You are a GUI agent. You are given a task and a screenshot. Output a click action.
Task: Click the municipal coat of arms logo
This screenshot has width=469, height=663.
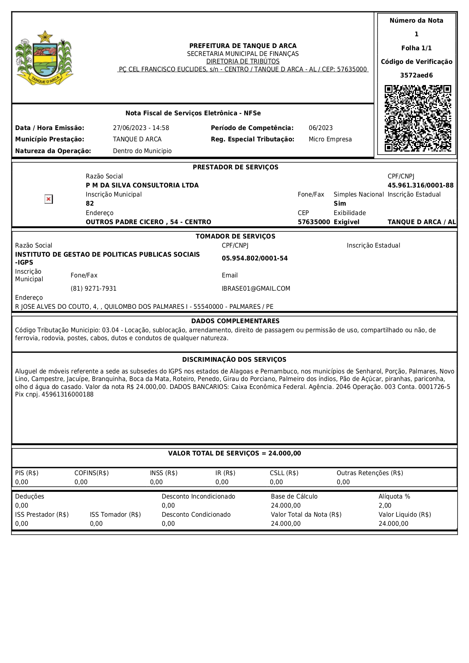coord(44,57)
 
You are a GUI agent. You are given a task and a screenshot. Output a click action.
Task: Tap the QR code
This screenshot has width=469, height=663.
coord(418,118)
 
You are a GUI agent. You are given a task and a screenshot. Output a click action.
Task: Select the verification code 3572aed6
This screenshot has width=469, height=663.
coord(416,75)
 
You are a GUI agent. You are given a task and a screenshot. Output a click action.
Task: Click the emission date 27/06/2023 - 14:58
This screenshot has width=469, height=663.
coord(141,128)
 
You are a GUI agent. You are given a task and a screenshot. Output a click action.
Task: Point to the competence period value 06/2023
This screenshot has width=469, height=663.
coord(320,128)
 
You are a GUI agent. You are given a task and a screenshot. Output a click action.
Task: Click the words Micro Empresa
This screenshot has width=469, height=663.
coord(330,139)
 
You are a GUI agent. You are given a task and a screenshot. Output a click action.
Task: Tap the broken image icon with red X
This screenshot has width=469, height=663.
coord(49,199)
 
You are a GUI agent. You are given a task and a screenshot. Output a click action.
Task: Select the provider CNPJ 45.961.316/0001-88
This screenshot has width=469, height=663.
coord(420,185)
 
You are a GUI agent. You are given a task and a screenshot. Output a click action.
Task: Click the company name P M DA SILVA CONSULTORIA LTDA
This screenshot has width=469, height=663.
coord(142,185)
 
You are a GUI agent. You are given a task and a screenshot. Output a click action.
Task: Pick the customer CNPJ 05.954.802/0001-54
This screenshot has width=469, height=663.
coord(255,258)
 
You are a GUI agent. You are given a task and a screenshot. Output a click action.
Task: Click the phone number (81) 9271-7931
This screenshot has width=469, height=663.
coord(93,288)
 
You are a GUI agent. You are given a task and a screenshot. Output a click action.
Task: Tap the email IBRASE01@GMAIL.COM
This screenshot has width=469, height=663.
coord(256,288)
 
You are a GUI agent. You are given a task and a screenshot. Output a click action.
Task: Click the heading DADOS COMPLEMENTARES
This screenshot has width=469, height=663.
coord(235,321)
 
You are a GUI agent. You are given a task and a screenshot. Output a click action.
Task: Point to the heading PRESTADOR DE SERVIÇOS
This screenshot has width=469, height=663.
coord(235,167)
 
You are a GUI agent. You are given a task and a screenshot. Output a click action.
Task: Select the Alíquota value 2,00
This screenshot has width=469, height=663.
coord(385,505)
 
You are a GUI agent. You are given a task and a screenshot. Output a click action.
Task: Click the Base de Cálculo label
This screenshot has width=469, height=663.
coord(294,496)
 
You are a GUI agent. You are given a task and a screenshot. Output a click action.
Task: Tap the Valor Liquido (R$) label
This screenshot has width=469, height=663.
coord(405,514)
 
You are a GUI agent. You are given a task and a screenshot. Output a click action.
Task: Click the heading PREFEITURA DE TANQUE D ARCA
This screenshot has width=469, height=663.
coord(243,46)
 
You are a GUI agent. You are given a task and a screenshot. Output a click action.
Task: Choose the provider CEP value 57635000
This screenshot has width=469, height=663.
coord(314,222)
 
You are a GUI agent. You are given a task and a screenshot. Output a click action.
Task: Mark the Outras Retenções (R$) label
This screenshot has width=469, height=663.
coord(370,473)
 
